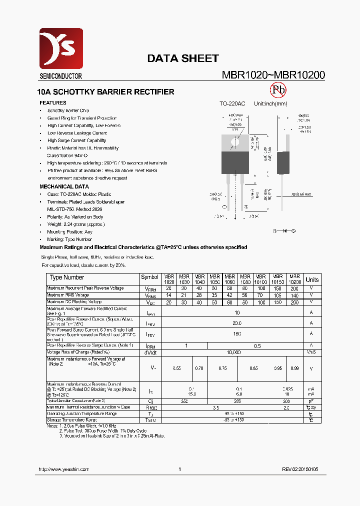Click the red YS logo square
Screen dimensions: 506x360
pyautogui.click(x=61, y=49)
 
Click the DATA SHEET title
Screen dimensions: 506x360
pyautogui.click(x=182, y=58)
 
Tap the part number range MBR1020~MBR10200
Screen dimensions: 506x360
pyautogui.click(x=273, y=75)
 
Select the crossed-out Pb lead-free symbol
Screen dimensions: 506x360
pyautogui.click(x=278, y=90)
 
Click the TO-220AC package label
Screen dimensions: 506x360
pyautogui.click(x=232, y=103)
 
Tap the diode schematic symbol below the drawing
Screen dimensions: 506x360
pyautogui.click(x=284, y=231)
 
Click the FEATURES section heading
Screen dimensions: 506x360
pyautogui.click(x=53, y=103)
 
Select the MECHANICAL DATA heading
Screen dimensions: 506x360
pyautogui.click(x=64, y=186)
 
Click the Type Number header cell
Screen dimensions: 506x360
pyautogui.click(x=67, y=277)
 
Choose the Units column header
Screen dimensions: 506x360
pyautogui.click(x=312, y=279)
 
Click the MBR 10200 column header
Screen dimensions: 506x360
pyautogui.click(x=294, y=279)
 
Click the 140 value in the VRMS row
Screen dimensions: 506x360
pyautogui.click(x=294, y=295)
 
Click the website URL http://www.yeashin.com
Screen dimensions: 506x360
pyautogui.click(x=63, y=469)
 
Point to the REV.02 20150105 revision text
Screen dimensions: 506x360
pyautogui.click(x=300, y=469)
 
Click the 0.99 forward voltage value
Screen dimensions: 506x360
pyautogui.click(x=294, y=368)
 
